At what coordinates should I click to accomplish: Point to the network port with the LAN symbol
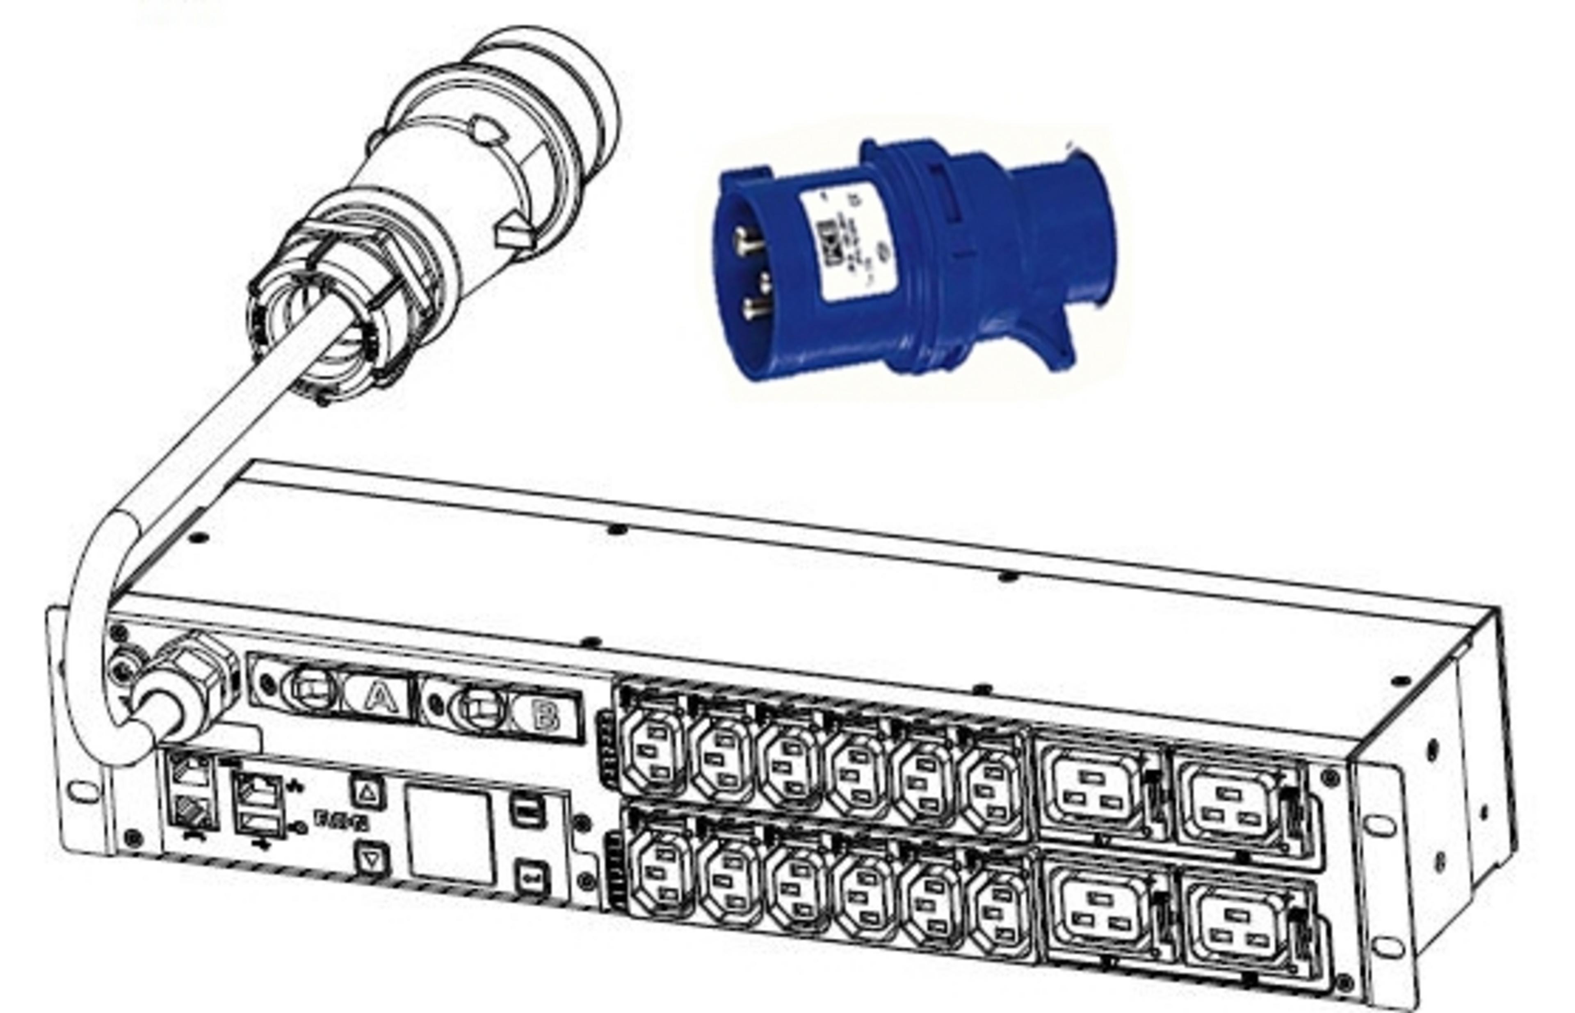click(x=259, y=791)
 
